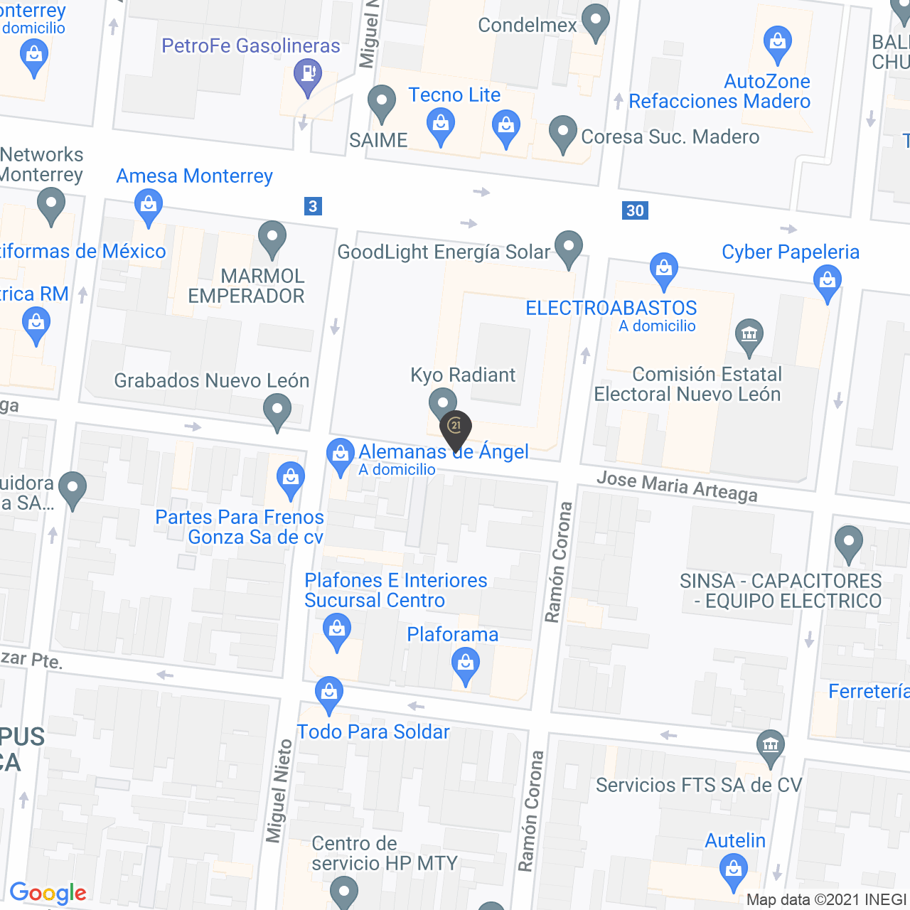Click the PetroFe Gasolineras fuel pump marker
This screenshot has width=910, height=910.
308,74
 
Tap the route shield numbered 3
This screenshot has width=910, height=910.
313,206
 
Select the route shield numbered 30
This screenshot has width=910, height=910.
635,210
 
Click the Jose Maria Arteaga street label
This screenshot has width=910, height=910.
677,486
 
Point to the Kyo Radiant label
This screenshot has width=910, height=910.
463,375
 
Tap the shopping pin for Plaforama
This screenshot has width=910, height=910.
466,665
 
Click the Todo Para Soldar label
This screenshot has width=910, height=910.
373,732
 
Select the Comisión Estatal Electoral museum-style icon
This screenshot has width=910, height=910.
749,334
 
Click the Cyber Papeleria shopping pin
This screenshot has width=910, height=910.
828,280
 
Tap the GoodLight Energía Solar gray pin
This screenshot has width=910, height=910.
568,247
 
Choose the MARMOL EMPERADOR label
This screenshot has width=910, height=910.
246,286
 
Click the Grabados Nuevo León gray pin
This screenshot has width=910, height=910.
277,410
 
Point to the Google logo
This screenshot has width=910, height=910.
48,893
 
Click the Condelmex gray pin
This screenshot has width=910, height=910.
596,20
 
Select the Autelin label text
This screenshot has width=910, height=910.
735,840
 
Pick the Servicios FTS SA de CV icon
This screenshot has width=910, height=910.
771,746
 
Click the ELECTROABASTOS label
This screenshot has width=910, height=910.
611,308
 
